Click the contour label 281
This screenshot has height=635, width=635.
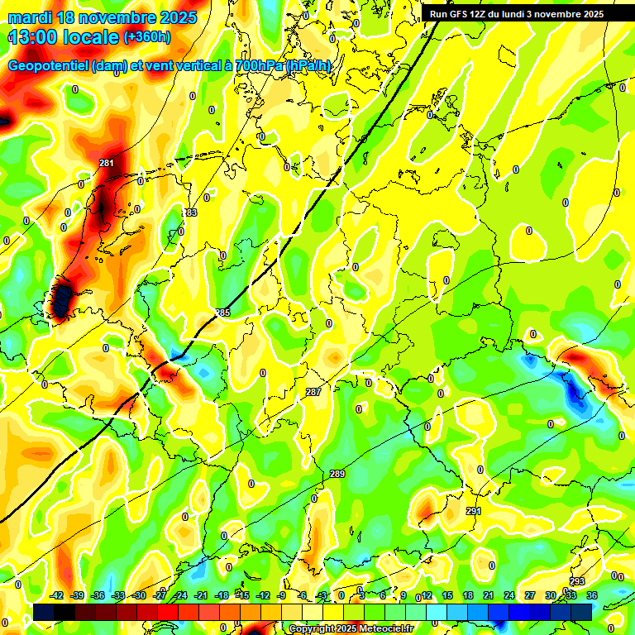[x=106, y=164]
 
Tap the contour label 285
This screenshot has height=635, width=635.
[x=222, y=313]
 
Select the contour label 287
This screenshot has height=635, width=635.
[x=313, y=392]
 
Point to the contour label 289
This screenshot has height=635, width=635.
[x=337, y=474]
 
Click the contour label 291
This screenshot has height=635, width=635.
[x=473, y=512]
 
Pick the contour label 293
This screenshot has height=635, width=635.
[x=577, y=582]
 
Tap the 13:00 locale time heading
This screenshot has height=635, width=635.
[x=63, y=37]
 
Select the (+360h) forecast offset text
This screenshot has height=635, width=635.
[x=147, y=37]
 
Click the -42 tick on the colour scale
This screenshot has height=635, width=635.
[x=57, y=595]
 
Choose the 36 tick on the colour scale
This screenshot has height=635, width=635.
[x=591, y=595]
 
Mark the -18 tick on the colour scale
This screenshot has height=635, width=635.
[x=222, y=595]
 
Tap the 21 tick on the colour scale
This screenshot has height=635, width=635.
[x=489, y=595]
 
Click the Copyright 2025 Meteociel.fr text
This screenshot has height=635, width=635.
[x=351, y=629]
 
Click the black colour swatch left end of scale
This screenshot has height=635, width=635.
[x=44, y=612]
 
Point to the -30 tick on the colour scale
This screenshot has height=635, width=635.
[x=139, y=595]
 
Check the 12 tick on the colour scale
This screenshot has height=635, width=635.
[x=427, y=595]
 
